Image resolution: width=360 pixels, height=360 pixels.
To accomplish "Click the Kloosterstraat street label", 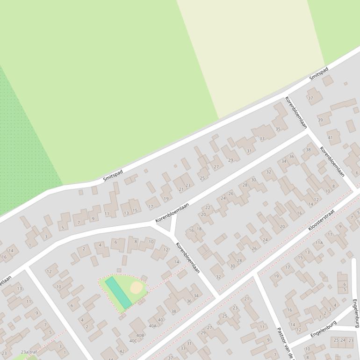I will (321, 220).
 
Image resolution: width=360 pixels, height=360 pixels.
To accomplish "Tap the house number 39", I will (320, 121).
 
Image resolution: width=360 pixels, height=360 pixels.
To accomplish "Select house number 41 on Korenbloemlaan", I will (331, 137).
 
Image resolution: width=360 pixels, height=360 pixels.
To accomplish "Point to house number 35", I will (278, 129).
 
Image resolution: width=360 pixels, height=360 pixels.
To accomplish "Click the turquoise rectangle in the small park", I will (118, 292).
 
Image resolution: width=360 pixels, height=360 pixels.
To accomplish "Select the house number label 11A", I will (319, 243).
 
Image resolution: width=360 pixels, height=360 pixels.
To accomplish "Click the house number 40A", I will (152, 326).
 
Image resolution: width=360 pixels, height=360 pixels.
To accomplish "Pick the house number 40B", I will (140, 335).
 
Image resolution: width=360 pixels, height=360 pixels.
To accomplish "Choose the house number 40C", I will (133, 341).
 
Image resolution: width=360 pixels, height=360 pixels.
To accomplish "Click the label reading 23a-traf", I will (29, 352).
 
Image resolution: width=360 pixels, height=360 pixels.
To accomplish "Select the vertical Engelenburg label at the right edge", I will (355, 313).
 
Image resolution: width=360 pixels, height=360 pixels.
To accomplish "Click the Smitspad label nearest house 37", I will (318, 73).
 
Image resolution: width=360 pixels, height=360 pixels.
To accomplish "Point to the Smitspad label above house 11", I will (113, 176).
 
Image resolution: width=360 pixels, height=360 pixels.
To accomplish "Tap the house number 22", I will (208, 207).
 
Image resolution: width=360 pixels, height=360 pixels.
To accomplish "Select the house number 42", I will (122, 351).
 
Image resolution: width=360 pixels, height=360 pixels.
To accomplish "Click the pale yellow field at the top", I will (252, 51).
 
